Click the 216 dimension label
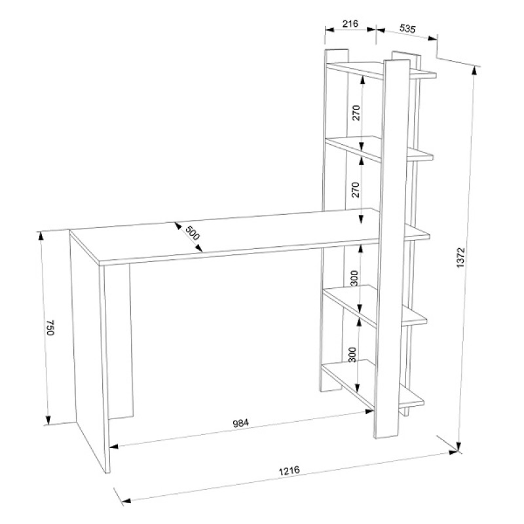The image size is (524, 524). (350, 24)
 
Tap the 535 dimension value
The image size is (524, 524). (407, 28)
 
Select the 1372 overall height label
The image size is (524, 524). (460, 257)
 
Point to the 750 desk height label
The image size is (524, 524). (50, 328)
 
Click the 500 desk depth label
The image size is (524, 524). (193, 233)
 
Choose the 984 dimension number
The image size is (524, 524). (240, 423)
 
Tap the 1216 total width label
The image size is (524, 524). (290, 470)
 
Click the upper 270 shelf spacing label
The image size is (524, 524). (356, 113)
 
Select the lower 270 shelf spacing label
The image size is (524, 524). (356, 190)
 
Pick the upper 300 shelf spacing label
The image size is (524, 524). (354, 278)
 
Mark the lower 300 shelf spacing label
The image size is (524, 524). (352, 355)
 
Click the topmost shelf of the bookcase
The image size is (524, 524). (381, 70)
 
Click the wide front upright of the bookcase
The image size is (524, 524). (392, 249)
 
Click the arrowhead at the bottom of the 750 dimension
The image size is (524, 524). (48, 420)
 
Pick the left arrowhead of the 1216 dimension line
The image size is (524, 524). (126, 500)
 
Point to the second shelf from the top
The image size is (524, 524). (379, 149)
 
